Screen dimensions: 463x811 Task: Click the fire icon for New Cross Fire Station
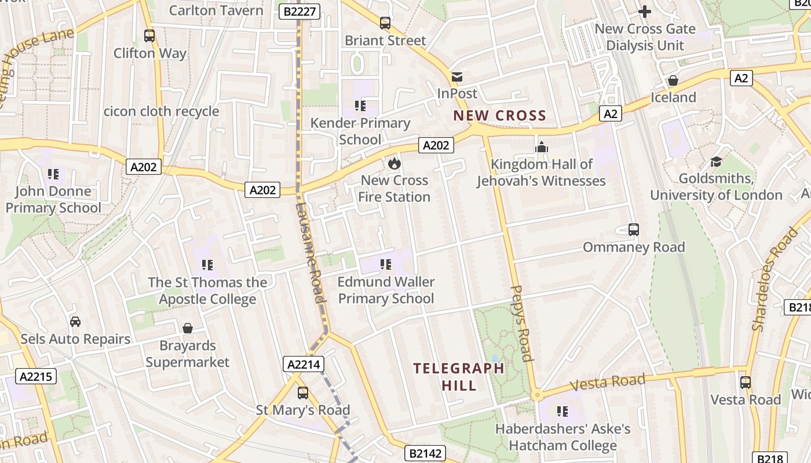(394, 164)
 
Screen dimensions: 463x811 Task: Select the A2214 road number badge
(304, 364)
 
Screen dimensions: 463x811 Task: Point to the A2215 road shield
(35, 377)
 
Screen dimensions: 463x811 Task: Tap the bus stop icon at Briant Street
(385, 23)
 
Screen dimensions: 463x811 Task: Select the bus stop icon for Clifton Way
(149, 36)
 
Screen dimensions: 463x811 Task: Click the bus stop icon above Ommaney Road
(634, 230)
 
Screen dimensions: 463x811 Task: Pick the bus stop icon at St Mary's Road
(302, 393)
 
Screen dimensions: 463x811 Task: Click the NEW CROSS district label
(499, 115)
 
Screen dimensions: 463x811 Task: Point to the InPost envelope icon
(457, 77)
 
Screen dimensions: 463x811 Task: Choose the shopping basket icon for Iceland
(673, 80)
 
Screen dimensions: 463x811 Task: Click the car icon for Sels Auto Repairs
(75, 322)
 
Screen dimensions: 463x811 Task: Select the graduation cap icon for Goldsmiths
(716, 161)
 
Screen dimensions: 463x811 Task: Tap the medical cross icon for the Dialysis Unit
(644, 11)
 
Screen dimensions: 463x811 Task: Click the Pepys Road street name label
(522, 323)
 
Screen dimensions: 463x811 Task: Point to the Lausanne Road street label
(312, 252)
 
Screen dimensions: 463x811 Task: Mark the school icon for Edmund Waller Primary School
(386, 265)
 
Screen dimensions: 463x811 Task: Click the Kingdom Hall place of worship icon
(542, 147)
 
